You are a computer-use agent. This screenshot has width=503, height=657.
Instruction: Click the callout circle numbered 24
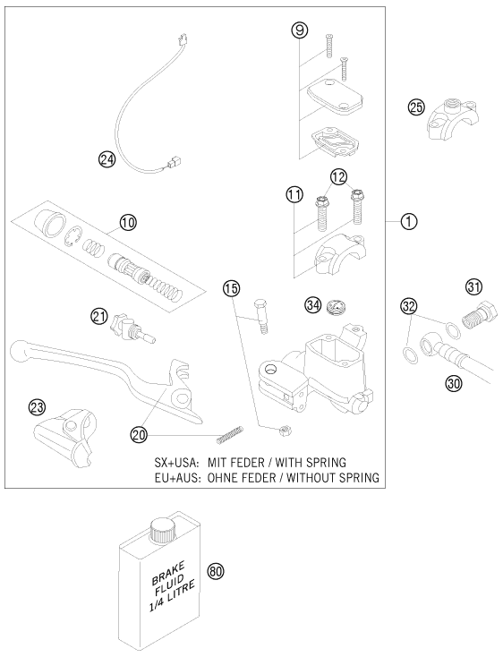tap(107, 159)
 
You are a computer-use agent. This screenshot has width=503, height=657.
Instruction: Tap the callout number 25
tap(415, 107)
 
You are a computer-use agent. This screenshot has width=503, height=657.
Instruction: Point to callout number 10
tap(128, 222)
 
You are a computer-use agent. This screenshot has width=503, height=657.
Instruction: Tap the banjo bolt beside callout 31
tap(478, 316)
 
